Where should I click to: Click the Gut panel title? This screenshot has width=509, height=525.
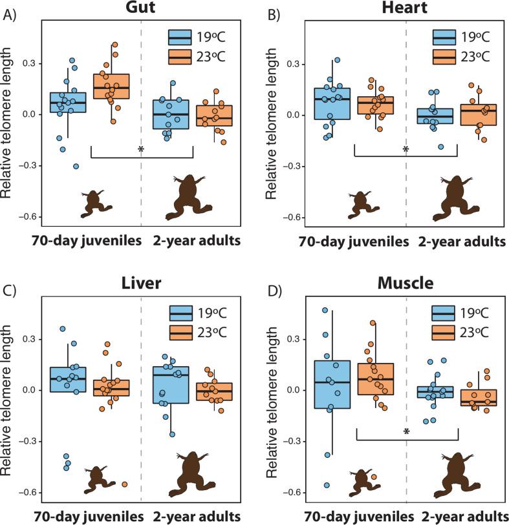point(140,9)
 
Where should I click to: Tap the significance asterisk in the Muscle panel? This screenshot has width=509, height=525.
point(406,431)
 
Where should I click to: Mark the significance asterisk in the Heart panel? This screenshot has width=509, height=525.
point(406,150)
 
